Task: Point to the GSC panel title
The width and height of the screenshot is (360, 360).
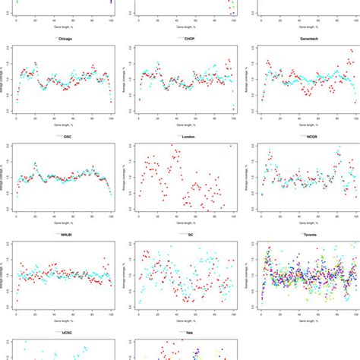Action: pyautogui.click(x=66, y=137)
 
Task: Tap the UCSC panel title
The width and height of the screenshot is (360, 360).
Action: pyautogui.click(x=66, y=333)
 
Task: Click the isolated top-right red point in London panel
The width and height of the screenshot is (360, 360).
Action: pyautogui.click(x=231, y=146)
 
